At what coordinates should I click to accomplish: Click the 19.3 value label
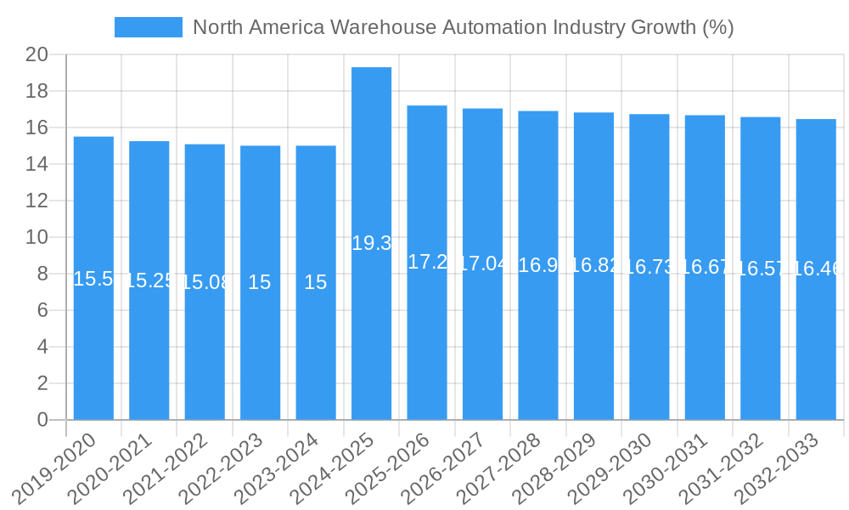point(371,243)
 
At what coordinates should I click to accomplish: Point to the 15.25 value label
point(149,280)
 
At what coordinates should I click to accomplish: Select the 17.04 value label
point(482,263)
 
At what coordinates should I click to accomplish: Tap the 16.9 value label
point(537,265)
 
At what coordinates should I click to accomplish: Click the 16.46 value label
point(816,269)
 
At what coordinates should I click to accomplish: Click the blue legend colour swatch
point(148,27)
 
